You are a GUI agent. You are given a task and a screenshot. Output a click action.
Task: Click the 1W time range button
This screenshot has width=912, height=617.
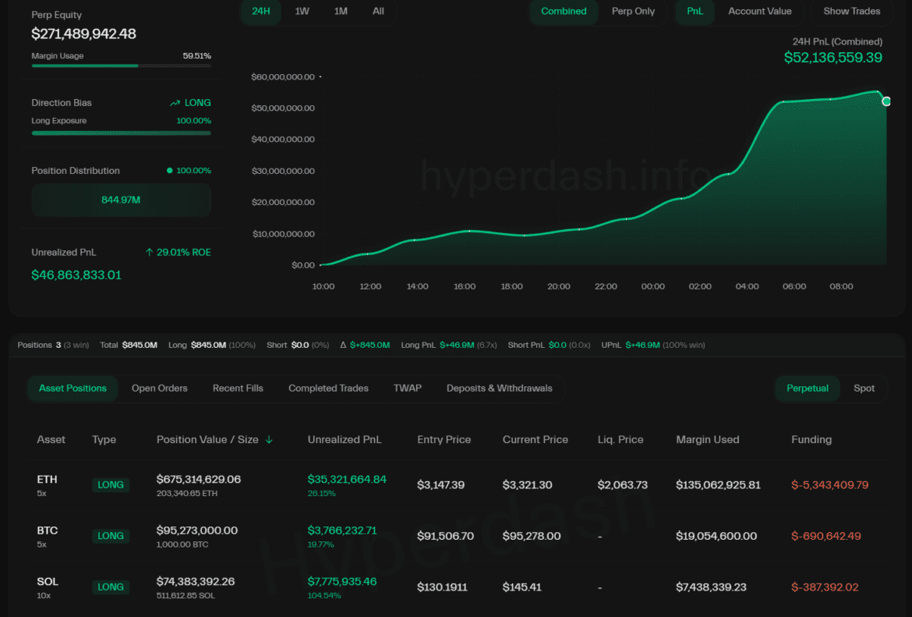coord(302,11)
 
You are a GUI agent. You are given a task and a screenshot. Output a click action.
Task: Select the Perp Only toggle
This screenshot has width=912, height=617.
coord(633,11)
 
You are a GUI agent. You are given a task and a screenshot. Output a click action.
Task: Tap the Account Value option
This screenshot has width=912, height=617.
coord(759,11)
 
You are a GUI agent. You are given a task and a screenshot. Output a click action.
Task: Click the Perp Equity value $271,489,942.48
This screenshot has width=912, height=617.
coord(84,34)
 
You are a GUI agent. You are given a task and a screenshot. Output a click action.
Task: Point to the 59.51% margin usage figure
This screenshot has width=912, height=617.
coord(196,56)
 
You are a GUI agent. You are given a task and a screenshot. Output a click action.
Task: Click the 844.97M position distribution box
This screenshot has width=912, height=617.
coord(121,200)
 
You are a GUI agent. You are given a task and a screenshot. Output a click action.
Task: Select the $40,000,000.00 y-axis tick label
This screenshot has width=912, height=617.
coord(283,140)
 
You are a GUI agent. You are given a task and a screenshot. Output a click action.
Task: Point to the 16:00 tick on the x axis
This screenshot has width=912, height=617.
coord(465,286)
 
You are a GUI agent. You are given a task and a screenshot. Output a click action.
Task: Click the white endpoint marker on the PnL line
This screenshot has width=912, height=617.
coord(886,101)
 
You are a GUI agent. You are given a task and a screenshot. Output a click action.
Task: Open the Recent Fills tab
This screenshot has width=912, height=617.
coord(238,388)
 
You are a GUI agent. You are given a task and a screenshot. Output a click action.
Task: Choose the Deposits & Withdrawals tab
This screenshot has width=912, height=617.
coord(499,388)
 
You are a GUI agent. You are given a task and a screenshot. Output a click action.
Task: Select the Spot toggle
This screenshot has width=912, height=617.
coord(864,388)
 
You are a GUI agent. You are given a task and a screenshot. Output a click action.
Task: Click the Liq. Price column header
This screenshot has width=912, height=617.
coord(620,439)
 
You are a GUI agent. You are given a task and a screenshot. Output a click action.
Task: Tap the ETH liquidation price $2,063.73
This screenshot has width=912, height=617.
coord(623,485)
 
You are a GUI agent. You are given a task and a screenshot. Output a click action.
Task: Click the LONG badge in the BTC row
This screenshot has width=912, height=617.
coord(111,536)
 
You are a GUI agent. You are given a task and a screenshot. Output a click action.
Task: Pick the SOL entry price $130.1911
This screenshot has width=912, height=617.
coord(442,587)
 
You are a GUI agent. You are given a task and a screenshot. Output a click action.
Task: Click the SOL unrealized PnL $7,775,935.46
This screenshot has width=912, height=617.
coord(342,581)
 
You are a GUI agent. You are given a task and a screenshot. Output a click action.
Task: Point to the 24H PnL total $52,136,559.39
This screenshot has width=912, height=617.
coord(833,58)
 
